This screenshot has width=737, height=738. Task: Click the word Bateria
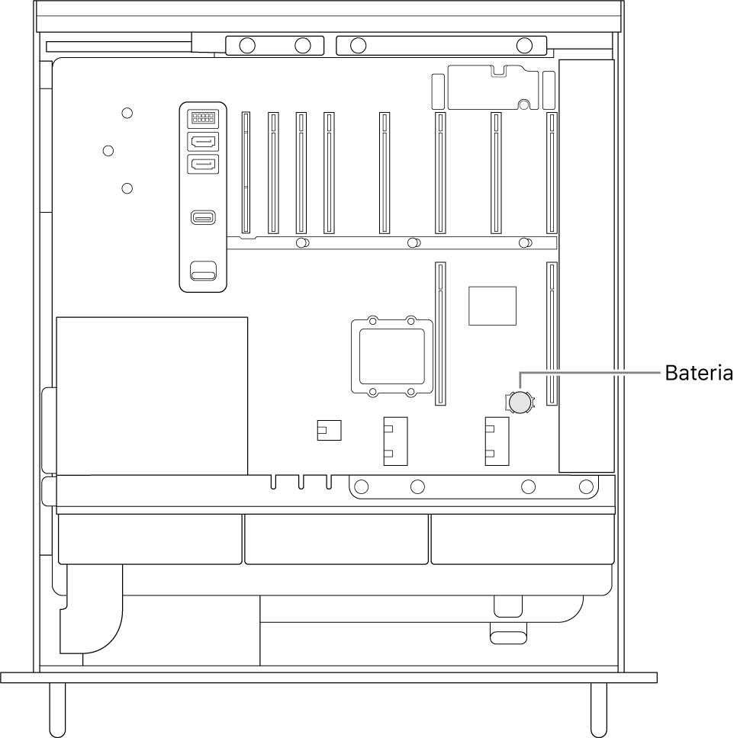pos(699,373)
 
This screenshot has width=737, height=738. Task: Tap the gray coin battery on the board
pos(520,403)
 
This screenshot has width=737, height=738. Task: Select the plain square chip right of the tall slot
pos(492,306)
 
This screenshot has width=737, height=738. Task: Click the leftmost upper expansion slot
pos(246,172)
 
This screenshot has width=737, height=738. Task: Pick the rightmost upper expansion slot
pos(552,172)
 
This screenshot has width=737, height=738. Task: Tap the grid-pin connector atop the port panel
pos(203,117)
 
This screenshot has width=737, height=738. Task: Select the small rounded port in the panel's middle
pos(204,217)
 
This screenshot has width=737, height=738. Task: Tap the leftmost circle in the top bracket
pos(247,46)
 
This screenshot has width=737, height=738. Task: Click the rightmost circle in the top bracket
pos(524,46)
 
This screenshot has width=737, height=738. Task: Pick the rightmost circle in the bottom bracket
pos(586,486)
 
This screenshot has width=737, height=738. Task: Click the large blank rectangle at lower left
pos(152,396)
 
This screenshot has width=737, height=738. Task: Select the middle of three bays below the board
pos(336,539)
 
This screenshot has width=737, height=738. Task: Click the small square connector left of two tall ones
pos(329,430)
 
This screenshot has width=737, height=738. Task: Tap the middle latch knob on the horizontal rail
pos(414,243)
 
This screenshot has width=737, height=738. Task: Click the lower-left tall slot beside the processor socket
pos(440,334)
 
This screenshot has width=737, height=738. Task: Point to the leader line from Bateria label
pos(589,372)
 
